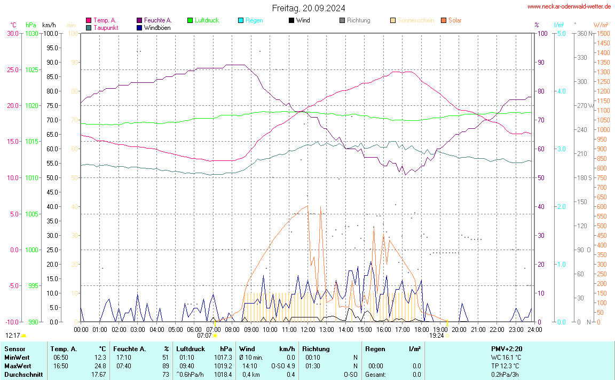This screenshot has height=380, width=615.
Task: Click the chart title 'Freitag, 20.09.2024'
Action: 308,8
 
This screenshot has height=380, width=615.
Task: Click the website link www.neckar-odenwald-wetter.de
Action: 569,6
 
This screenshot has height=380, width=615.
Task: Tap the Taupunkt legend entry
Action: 106,27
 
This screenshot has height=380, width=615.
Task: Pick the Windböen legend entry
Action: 157,27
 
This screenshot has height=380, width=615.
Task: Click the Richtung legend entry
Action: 358,20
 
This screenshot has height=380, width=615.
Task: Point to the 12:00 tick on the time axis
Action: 307,329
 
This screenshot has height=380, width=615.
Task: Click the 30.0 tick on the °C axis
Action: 12,33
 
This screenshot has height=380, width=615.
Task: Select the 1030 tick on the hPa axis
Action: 31,33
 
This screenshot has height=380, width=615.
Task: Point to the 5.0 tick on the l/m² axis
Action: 561,33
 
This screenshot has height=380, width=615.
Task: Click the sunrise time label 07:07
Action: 204,336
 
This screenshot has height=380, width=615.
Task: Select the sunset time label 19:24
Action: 437,336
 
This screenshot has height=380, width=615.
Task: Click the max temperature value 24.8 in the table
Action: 100,366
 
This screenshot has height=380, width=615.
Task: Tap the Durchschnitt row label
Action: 23,375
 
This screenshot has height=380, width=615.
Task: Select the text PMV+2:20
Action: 507,349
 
